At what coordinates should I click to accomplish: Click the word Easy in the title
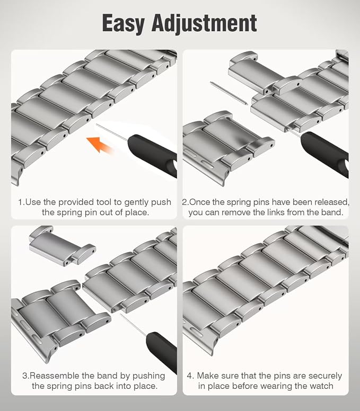coord(123,23)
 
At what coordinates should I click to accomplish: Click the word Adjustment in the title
coord(204,23)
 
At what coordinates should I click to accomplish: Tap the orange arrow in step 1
coord(100,144)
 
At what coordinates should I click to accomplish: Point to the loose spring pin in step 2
coord(229,93)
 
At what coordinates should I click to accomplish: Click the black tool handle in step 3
coord(162,351)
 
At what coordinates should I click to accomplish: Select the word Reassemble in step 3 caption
coord(55,376)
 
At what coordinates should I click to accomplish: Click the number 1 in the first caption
coord(21,202)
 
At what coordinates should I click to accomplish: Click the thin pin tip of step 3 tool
coord(120,315)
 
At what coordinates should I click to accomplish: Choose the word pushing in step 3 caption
coord(148,376)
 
